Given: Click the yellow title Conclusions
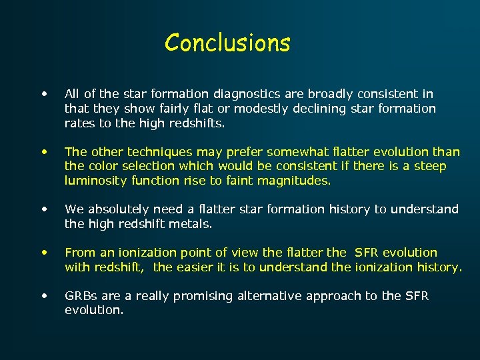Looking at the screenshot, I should point(227,43).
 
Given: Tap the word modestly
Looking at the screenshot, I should point(254,108).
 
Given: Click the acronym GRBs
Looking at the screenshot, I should point(81,296).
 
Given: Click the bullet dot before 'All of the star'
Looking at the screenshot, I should point(44,93).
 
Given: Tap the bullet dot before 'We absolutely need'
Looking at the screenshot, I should point(44,209).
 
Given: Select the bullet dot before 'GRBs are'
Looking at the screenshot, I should point(44,295).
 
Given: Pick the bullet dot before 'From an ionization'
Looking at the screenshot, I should point(44,252).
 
